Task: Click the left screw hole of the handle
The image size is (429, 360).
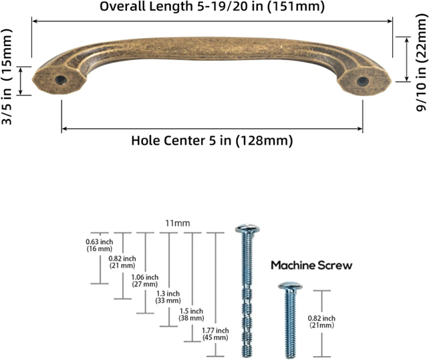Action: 60,80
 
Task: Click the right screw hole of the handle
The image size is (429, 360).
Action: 363,81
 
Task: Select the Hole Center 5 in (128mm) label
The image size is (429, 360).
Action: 212,141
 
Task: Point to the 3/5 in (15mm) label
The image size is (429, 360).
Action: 7,77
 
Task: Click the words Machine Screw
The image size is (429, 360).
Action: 311,265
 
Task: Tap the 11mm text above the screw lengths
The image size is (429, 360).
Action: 178,223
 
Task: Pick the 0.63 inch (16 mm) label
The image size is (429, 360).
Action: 100,245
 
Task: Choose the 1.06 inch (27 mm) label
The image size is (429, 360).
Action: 145,281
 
